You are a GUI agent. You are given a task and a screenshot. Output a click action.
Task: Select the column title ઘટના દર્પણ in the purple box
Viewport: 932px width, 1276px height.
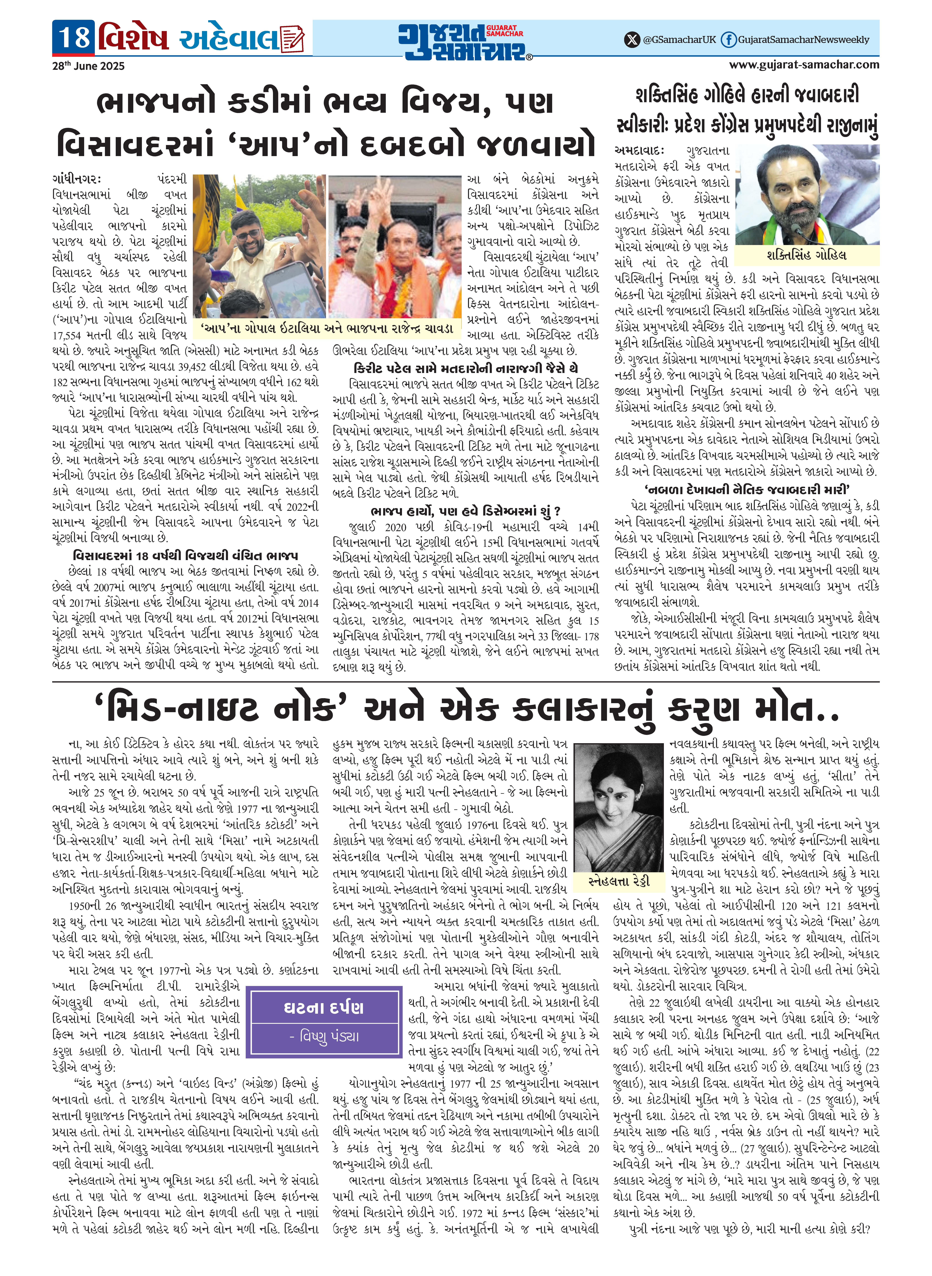(x=324, y=1007)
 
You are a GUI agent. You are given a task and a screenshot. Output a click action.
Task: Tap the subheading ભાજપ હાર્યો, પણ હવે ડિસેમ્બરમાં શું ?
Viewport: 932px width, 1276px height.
(x=465, y=511)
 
